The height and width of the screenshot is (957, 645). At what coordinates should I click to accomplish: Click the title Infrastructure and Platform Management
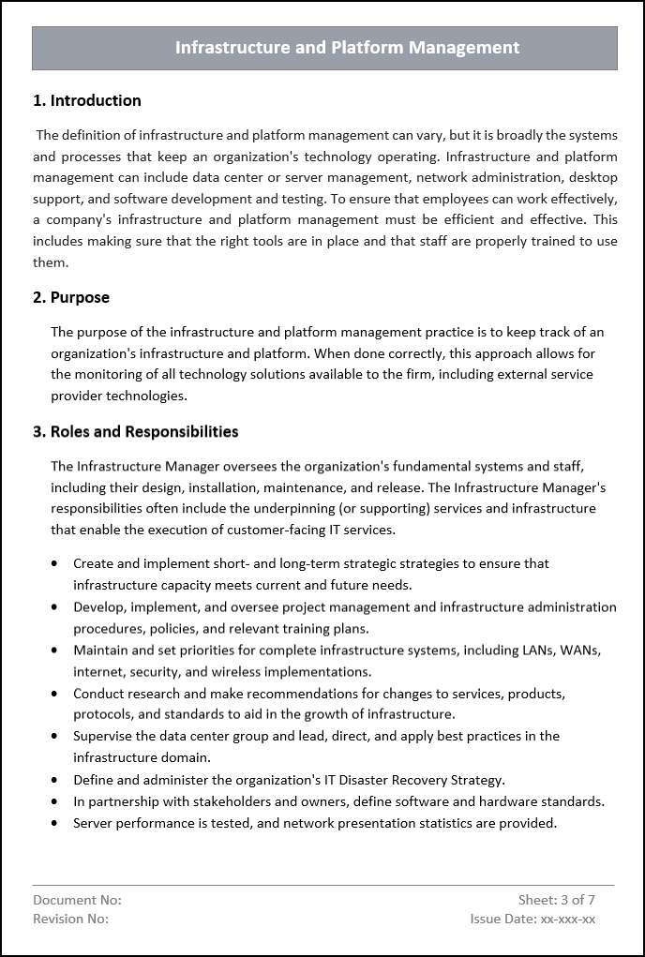click(347, 48)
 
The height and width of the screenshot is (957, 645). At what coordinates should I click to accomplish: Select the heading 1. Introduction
click(87, 101)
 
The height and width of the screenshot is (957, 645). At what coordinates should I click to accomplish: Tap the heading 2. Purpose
click(71, 298)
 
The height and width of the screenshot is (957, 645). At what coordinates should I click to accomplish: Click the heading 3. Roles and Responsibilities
click(135, 432)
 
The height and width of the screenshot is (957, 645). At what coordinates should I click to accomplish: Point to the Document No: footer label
click(77, 901)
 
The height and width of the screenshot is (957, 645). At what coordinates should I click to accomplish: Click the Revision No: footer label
click(70, 920)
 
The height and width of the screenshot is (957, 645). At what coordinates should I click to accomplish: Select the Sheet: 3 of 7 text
click(557, 901)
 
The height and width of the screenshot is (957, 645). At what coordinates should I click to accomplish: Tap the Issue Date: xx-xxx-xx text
click(532, 920)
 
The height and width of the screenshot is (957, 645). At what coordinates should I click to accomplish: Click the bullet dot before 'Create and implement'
click(54, 564)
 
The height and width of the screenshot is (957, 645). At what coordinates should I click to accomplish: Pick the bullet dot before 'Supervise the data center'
click(54, 737)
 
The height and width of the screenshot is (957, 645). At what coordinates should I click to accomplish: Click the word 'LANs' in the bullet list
click(532, 650)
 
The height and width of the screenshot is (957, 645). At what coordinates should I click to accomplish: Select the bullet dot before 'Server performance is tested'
click(54, 823)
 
